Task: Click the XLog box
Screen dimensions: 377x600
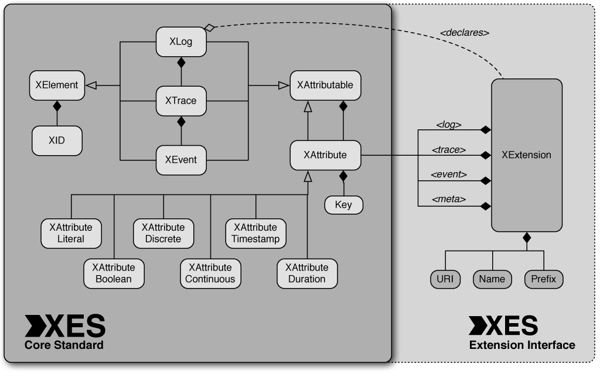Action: click(180, 42)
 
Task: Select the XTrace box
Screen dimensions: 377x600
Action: click(180, 101)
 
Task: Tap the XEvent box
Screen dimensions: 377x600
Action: click(180, 159)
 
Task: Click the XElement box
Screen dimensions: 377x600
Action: click(56, 85)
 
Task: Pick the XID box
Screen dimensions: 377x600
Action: click(56, 141)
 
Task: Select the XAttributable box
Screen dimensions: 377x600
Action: click(325, 85)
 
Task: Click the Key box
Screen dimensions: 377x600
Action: click(343, 205)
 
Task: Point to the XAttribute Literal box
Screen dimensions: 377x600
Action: click(71, 233)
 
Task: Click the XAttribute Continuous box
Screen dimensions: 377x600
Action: click(210, 273)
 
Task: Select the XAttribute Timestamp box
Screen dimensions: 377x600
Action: click(255, 233)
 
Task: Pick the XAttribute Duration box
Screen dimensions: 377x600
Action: click(306, 273)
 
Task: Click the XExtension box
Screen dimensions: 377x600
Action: click(526, 155)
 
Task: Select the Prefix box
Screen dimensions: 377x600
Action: click(544, 279)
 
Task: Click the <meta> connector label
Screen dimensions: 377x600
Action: click(448, 200)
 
